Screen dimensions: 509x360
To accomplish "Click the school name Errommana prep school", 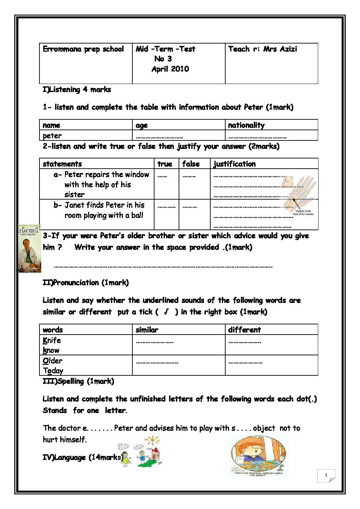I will [x=83, y=49].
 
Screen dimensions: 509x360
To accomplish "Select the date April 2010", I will [x=170, y=69].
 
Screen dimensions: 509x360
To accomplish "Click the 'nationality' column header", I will [x=246, y=125].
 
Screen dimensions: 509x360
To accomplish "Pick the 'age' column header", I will [x=142, y=125].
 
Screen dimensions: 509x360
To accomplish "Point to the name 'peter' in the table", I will [x=52, y=136].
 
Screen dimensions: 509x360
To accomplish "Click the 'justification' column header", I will [x=234, y=164].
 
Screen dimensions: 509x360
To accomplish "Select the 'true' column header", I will [x=165, y=164].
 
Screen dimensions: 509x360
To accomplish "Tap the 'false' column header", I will [x=191, y=164].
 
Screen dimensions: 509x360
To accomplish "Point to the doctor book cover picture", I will [x=29, y=248].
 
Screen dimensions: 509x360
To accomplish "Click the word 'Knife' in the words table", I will [x=52, y=340].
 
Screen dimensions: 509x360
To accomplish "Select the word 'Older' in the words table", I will [x=52, y=360].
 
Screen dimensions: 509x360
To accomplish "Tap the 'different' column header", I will [x=244, y=329].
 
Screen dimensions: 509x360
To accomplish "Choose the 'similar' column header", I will [x=147, y=329].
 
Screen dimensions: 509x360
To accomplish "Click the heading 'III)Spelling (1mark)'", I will [x=78, y=381].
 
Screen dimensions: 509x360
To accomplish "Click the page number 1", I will [x=326, y=475].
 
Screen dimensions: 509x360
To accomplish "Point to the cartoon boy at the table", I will [x=259, y=456].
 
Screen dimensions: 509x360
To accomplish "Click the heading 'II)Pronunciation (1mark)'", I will [x=86, y=283].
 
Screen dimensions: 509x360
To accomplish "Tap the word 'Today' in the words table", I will [x=53, y=371].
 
